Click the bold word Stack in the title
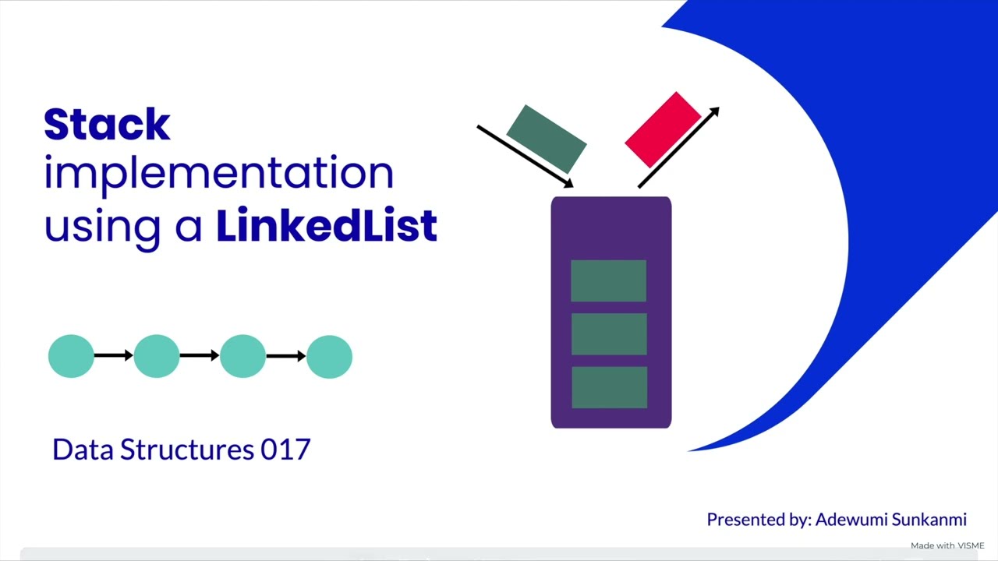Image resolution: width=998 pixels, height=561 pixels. point(107,125)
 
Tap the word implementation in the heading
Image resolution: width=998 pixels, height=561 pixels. point(218,175)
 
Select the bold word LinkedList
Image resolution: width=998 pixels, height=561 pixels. point(326,226)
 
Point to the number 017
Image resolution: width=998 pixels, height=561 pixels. point(285,450)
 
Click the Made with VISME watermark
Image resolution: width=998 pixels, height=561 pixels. point(947,545)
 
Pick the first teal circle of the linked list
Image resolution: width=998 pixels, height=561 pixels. point(71,356)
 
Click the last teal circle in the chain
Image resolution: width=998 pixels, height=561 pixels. point(329,356)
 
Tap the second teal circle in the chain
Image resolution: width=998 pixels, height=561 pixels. point(157,356)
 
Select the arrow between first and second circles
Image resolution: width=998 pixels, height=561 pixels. point(114,356)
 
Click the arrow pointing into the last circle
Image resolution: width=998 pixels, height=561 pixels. point(286,356)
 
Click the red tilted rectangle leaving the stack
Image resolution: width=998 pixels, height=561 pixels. point(663,129)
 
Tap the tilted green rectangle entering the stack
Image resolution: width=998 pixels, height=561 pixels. point(546,139)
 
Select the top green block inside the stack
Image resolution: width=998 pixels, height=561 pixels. point(608,280)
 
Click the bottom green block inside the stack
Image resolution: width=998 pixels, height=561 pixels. point(609,387)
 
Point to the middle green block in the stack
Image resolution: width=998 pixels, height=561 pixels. point(609,333)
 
